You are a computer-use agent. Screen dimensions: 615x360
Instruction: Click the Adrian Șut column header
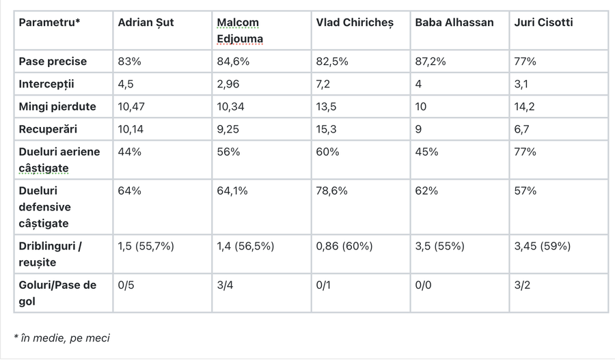pyautogui.click(x=146, y=23)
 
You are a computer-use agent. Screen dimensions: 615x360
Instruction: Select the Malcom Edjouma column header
pyautogui.click(x=240, y=31)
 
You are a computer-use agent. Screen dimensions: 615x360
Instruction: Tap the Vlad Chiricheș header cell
pyautogui.click(x=355, y=23)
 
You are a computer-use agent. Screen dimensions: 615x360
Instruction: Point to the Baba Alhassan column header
pyautogui.click(x=454, y=23)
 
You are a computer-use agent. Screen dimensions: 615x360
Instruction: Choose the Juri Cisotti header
pyautogui.click(x=543, y=23)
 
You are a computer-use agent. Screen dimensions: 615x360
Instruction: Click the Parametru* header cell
pyautogui.click(x=49, y=23)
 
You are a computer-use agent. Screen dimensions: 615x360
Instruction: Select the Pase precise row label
pyautogui.click(x=53, y=61)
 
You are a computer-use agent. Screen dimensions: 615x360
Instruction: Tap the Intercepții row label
pyautogui.click(x=46, y=84)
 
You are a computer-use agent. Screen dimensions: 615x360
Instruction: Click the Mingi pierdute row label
pyautogui.click(x=57, y=107)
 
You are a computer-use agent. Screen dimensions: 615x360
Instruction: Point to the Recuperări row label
pyautogui.click(x=48, y=129)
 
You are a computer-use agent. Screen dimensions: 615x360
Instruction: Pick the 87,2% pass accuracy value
pyautogui.click(x=430, y=61)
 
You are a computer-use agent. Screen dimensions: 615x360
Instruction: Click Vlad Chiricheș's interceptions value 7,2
pyautogui.click(x=323, y=84)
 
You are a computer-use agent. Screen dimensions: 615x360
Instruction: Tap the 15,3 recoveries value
pyautogui.click(x=326, y=129)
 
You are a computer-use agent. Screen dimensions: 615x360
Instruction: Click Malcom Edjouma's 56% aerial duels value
pyautogui.click(x=228, y=152)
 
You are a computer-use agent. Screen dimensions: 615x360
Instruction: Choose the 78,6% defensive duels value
pyautogui.click(x=331, y=191)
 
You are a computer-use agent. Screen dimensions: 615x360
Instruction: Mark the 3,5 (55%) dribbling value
pyautogui.click(x=439, y=247)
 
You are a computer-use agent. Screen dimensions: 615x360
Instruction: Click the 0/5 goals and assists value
pyautogui.click(x=126, y=285)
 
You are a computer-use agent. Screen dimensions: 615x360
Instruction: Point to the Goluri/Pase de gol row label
pyautogui.click(x=57, y=293)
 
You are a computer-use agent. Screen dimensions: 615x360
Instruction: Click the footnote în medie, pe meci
pyautogui.click(x=62, y=338)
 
